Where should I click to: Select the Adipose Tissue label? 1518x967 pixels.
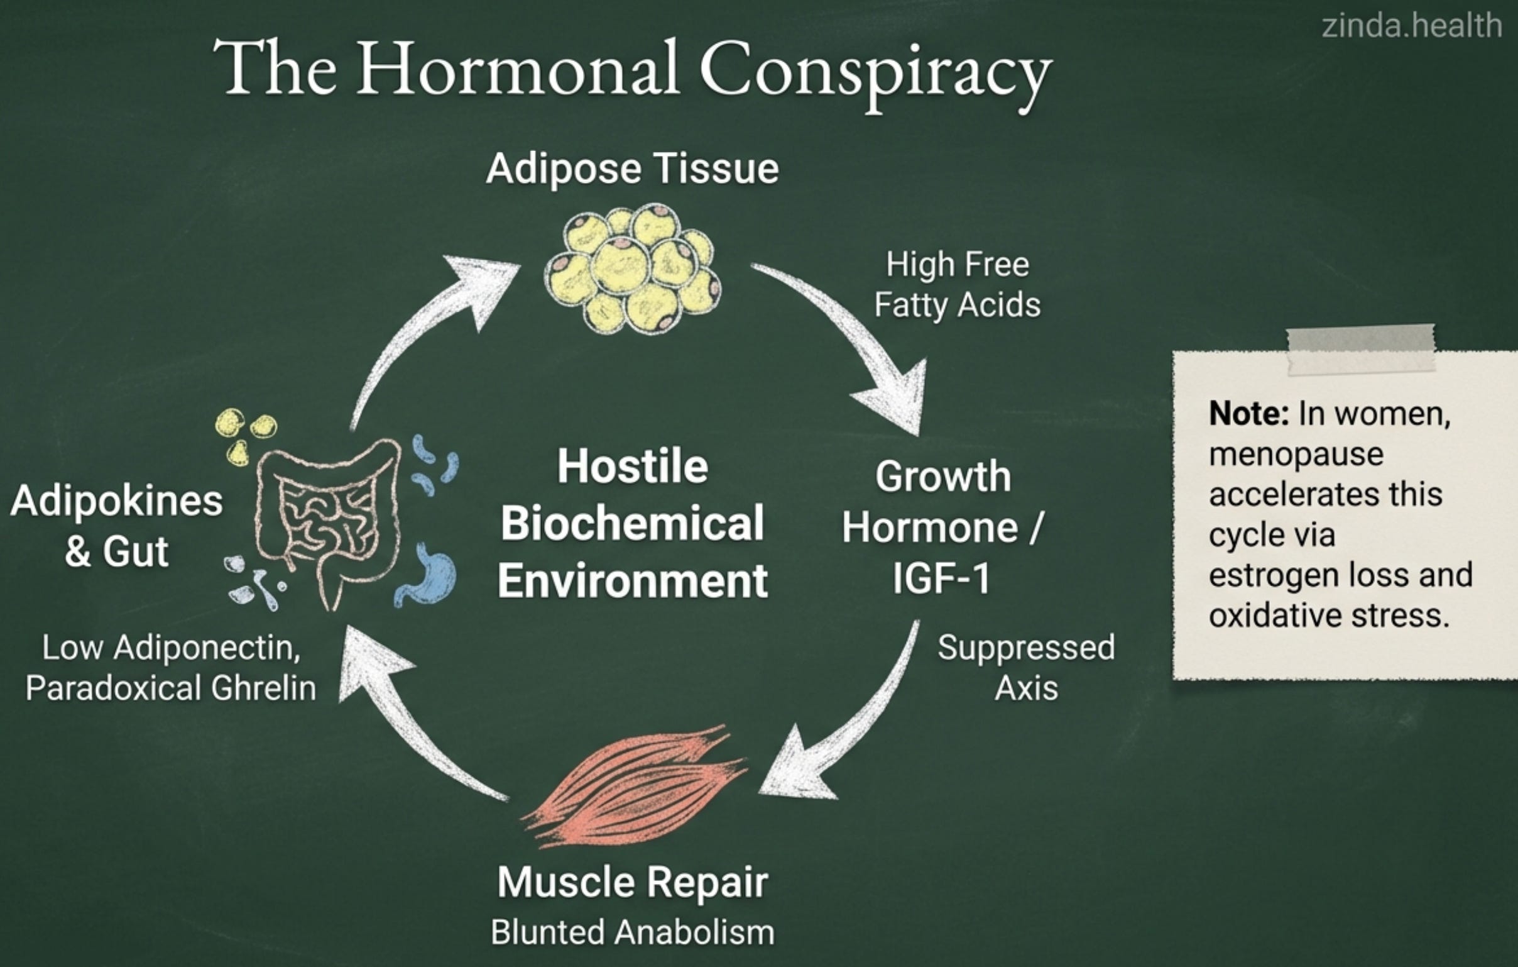tap(632, 169)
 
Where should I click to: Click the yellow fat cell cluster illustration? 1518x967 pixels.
tap(632, 268)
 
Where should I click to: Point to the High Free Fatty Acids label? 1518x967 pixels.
tap(957, 284)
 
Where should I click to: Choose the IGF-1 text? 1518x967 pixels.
tap(941, 578)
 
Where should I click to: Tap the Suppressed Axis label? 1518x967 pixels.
tap(1025, 666)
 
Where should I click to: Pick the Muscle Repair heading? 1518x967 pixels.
tap(632, 881)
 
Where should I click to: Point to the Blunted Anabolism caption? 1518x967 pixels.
tap(632, 932)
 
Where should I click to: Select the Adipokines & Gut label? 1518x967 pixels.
tap(117, 526)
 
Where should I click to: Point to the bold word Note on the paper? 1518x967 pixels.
tap(1248, 414)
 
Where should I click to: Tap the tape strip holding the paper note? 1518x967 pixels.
tap(1360, 347)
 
